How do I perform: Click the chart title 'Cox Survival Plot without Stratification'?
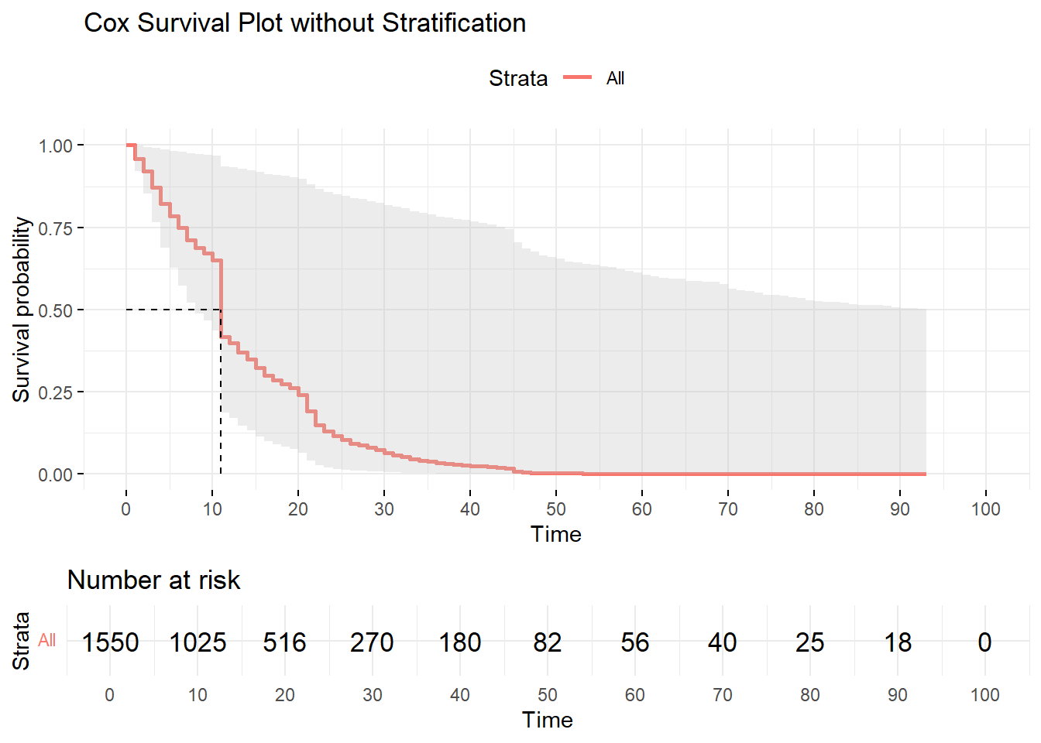(304, 23)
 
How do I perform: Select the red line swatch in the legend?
(577, 77)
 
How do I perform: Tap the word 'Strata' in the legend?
(517, 78)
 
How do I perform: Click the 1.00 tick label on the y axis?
(55, 146)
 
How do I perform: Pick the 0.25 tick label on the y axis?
(55, 392)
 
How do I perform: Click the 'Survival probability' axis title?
(22, 310)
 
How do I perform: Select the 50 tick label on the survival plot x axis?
(555, 509)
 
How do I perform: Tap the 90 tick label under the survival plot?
(899, 509)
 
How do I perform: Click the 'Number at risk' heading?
(153, 580)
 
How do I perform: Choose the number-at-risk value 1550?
(110, 642)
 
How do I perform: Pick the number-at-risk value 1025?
(198, 642)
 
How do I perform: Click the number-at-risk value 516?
(284, 642)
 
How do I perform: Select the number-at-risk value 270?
(372, 642)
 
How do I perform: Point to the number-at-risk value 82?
(547, 642)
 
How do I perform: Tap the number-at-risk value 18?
(898, 642)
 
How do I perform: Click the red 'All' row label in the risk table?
(47, 640)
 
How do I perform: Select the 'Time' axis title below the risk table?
(547, 720)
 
